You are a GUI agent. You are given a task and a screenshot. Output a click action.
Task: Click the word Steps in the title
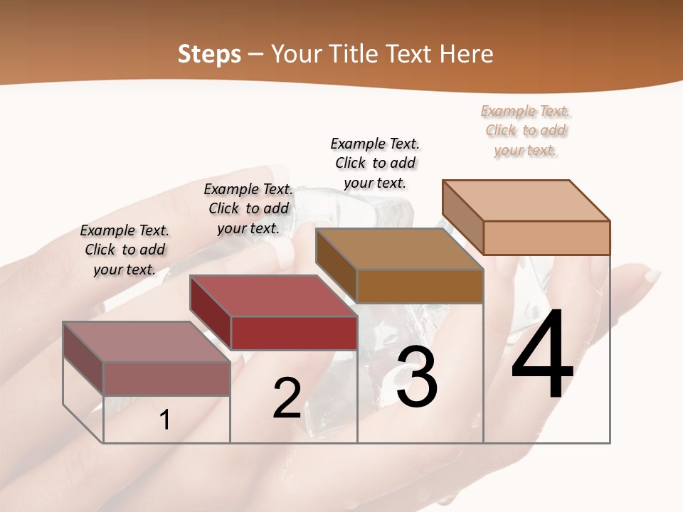tap(209, 54)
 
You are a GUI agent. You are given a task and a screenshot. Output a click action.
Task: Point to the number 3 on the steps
tap(416, 377)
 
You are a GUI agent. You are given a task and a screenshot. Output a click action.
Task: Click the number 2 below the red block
tap(287, 398)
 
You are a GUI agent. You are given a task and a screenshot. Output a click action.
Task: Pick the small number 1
tap(164, 420)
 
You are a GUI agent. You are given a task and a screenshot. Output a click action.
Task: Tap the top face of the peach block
tap(526, 200)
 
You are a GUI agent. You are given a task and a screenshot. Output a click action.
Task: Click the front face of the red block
tap(294, 333)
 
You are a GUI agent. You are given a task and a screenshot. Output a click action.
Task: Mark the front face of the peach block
tap(546, 238)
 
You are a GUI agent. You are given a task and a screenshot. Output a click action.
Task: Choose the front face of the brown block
tap(420, 286)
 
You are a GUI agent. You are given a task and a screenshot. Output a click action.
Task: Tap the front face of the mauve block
tap(166, 378)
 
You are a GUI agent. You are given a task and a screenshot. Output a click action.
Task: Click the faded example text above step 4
tap(526, 131)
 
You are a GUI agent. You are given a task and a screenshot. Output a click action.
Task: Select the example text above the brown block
tap(375, 163)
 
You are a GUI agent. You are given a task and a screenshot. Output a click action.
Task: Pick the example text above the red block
tap(248, 208)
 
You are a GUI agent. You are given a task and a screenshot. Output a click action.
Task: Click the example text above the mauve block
tap(125, 250)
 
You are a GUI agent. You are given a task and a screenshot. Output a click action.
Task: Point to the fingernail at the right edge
tap(651, 276)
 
